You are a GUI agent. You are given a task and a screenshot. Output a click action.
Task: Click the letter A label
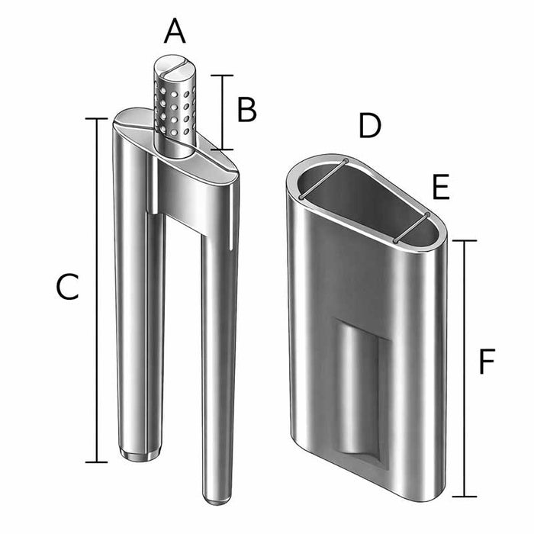(175, 33)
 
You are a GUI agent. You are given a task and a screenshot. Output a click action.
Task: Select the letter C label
(68, 288)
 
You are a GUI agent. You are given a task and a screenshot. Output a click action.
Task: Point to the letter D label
(369, 127)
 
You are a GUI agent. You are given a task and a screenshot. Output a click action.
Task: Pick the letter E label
(441, 187)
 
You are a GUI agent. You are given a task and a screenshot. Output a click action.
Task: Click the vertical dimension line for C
(96, 290)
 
